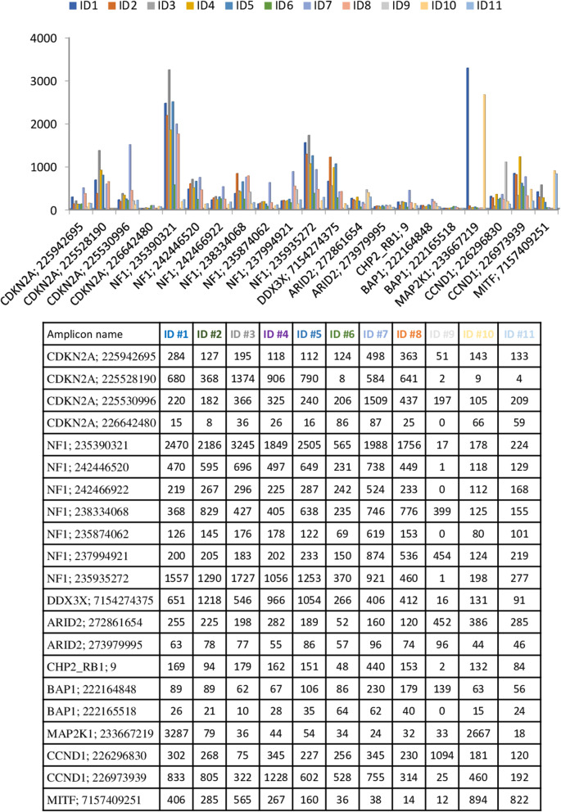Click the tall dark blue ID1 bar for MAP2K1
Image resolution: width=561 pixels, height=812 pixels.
[468, 138]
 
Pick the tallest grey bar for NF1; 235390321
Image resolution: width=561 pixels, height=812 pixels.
[170, 139]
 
